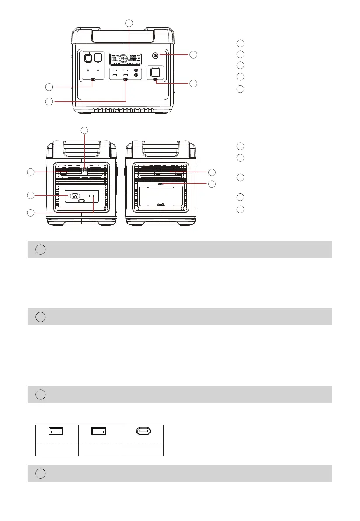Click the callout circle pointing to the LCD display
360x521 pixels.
129,23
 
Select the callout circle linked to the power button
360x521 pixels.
193,54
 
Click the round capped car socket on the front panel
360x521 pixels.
87,58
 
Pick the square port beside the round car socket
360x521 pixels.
98,57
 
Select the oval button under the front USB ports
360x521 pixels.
126,80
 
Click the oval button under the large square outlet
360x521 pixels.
155,80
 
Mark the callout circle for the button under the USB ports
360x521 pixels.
50,101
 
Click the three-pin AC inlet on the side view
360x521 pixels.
76,196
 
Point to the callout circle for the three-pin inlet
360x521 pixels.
31,194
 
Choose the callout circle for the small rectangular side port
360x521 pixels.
31,213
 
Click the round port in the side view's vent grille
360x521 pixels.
85,168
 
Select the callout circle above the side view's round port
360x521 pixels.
85,130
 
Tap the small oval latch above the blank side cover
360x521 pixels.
161,185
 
